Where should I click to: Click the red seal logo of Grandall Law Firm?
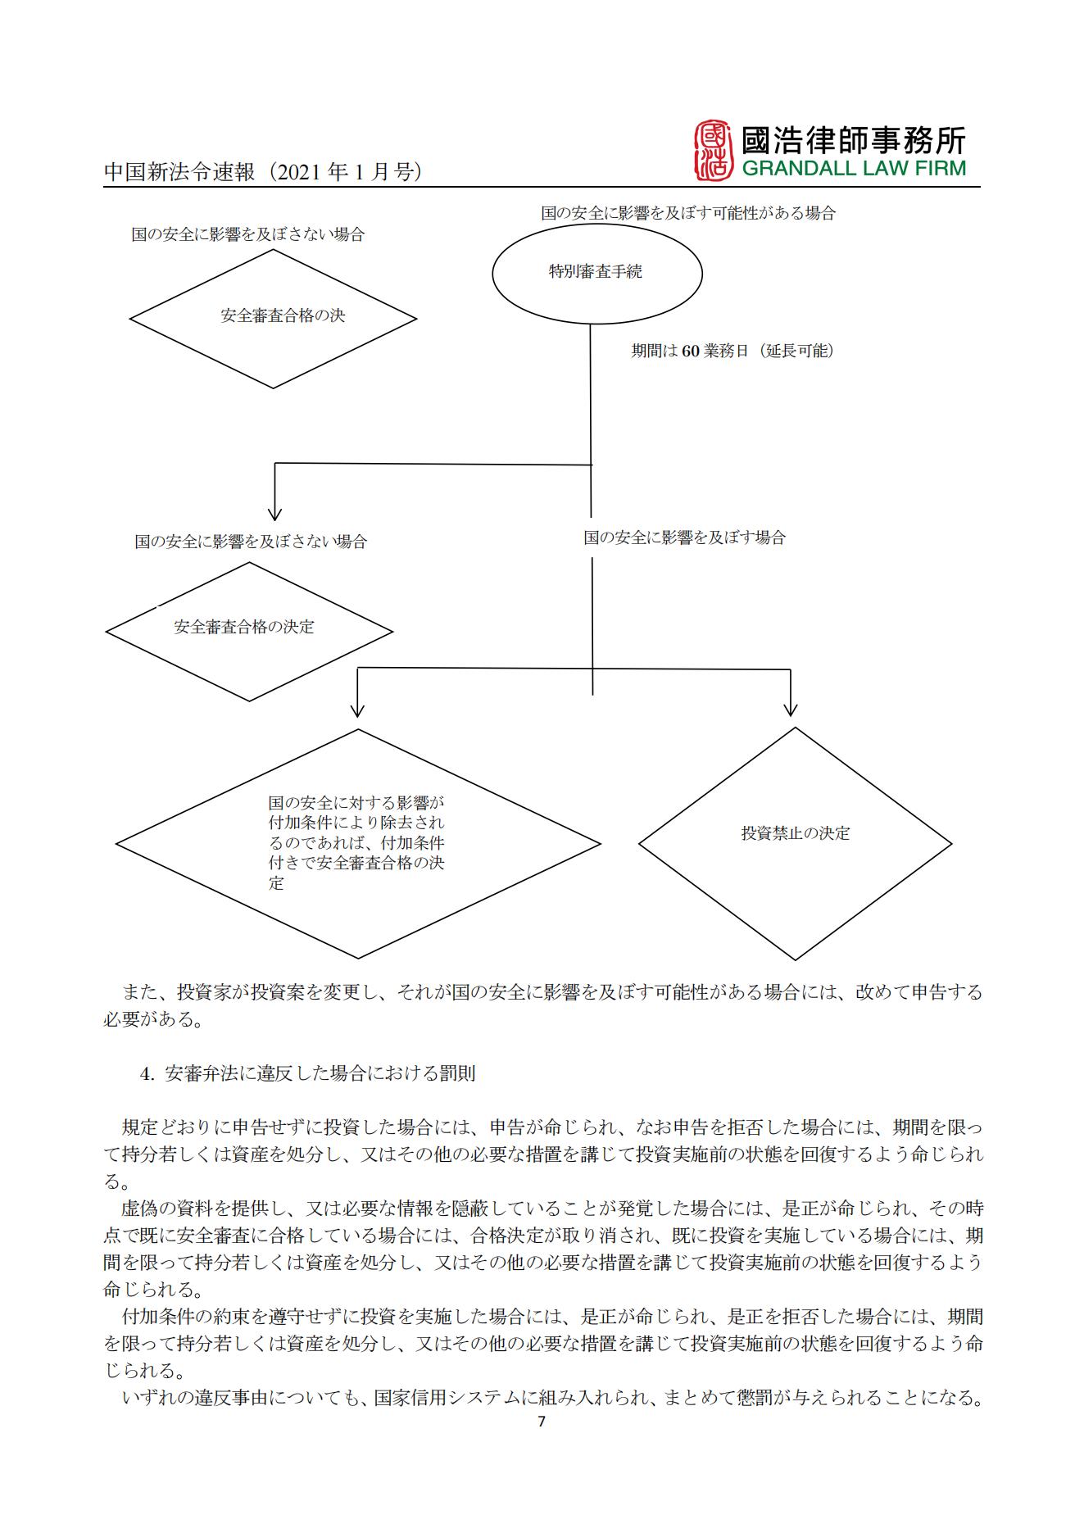[x=712, y=151]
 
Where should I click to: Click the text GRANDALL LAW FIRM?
[x=853, y=169]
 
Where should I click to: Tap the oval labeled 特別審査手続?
[x=596, y=273]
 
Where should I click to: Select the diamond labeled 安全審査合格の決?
[x=274, y=318]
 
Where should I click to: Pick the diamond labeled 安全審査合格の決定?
[x=249, y=630]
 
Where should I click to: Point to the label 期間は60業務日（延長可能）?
[x=731, y=351]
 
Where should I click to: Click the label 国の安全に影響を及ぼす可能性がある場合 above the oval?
[x=687, y=213]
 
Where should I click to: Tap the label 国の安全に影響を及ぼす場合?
[x=684, y=537]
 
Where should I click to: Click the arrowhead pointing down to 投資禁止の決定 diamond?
[x=790, y=709]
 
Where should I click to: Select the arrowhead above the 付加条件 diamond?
[x=357, y=709]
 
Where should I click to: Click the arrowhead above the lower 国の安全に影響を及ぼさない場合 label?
[x=274, y=513]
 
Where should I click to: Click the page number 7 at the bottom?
[x=541, y=1422]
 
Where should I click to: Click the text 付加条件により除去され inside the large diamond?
[x=356, y=822]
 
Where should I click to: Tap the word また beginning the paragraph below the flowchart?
[x=139, y=992]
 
